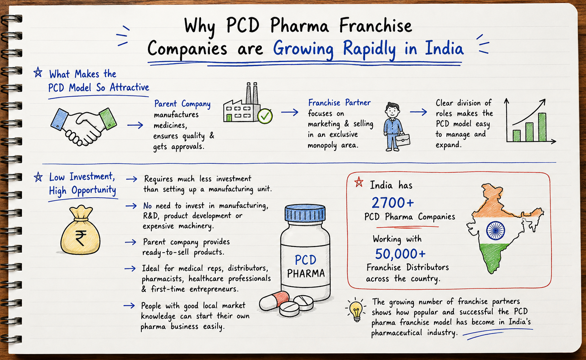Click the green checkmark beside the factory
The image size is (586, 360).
265,116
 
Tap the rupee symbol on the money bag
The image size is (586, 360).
81,238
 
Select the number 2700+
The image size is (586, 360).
393,203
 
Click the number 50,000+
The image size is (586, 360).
400,254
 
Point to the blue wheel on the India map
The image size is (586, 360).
495,230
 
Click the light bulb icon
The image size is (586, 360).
356,310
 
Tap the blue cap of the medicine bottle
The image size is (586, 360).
305,213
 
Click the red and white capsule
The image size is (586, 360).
274,301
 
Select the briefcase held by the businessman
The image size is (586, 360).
403,140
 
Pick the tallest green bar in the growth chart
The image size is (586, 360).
542,127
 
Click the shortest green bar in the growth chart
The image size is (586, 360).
517,136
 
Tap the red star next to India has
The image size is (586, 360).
359,182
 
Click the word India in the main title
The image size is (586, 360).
444,48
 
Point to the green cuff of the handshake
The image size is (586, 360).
108,119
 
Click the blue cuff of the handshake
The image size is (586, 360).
60,119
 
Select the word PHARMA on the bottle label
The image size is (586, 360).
306,274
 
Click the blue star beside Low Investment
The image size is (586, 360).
38,177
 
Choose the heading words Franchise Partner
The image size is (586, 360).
340,103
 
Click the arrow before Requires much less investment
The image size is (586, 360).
131,179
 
